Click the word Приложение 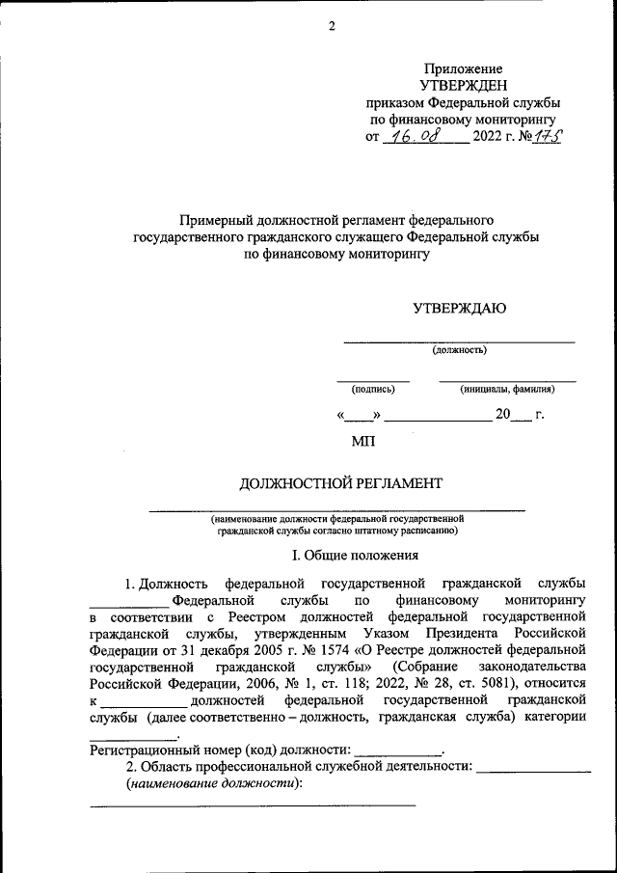point(463,68)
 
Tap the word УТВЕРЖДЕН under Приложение point(463,85)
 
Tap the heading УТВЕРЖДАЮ point(459,309)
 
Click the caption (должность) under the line point(459,350)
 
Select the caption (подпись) point(373,390)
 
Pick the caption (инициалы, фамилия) point(507,390)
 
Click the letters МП point(364,443)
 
